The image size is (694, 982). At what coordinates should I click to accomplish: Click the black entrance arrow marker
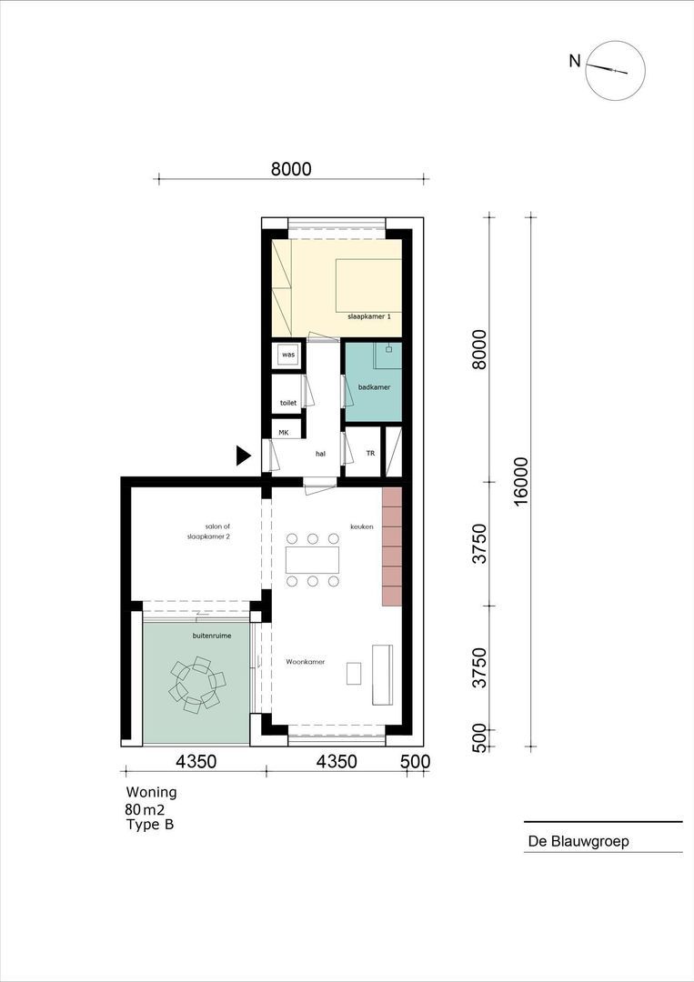pos(243,456)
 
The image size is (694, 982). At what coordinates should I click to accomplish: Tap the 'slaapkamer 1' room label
pos(369,317)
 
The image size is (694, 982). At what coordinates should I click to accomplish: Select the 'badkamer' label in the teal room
pos(374,387)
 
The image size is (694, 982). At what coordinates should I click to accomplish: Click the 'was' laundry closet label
pos(288,355)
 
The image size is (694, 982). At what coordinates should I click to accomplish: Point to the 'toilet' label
pos(288,403)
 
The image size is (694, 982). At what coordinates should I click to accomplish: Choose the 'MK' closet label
pos(284,433)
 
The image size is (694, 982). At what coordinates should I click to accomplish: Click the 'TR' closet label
pos(370,453)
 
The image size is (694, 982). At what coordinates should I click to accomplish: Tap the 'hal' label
pos(321,454)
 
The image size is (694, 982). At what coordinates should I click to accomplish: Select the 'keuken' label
pos(361,526)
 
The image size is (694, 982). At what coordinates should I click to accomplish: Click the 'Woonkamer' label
pos(305,661)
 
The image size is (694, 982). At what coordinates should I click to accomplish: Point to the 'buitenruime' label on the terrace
pos(212,636)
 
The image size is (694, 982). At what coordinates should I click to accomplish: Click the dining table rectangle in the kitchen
pos(313,560)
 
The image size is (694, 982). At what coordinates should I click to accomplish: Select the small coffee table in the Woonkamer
pos(355,673)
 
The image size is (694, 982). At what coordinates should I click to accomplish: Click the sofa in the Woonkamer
pos(383,674)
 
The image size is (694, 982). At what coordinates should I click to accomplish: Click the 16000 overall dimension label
pos(520,481)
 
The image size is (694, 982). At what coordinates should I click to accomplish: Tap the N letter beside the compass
pos(575,62)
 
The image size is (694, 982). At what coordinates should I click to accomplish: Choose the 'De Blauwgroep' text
pos(578,841)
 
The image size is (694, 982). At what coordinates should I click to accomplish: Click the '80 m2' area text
pos(144,809)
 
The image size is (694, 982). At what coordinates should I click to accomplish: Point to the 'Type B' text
pos(150,824)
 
